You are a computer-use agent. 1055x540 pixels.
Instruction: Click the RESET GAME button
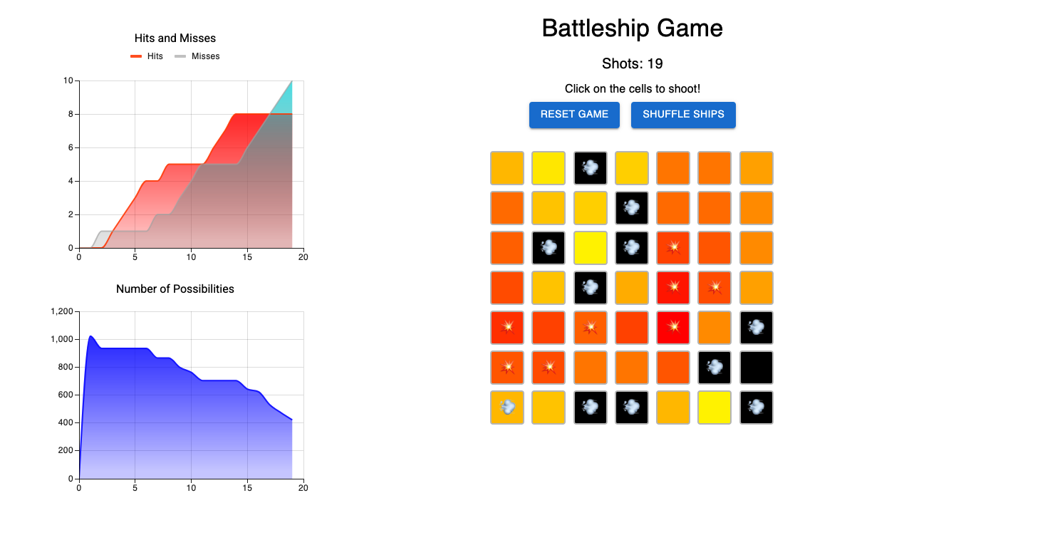pos(574,115)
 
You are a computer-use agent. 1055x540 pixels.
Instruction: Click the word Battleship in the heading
pos(596,28)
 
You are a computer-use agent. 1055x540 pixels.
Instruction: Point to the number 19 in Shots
pos(655,64)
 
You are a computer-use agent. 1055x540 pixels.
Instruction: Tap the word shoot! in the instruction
pos(682,89)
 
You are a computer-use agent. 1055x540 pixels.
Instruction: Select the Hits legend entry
pos(147,56)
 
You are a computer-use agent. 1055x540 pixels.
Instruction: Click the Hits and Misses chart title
pos(175,38)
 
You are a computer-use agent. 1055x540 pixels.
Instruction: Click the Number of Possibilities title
pos(175,289)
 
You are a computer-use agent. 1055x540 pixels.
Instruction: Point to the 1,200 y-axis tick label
pos(62,312)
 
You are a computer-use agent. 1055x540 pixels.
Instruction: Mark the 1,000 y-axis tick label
pos(62,340)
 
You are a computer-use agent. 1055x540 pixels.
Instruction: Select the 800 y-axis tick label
pos(66,368)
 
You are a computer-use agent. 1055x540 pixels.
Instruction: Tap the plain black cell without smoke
pos(757,368)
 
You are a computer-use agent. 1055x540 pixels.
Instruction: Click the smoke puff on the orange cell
pos(507,407)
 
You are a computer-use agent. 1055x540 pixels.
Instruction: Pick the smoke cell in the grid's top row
pos(591,168)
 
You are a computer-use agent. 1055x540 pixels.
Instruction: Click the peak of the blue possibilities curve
pos(90,336)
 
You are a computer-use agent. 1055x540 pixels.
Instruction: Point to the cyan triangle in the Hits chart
pos(285,100)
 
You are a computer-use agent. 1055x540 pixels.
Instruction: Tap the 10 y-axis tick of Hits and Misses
pos(68,81)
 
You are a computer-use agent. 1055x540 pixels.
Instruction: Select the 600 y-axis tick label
pos(66,395)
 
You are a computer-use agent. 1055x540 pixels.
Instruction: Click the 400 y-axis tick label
pos(66,423)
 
